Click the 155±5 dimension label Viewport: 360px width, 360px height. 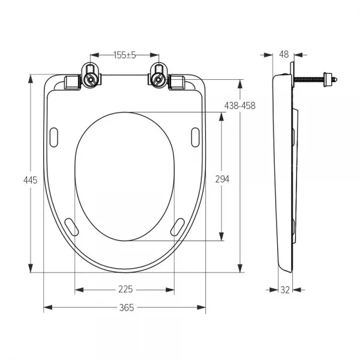[x=125, y=55]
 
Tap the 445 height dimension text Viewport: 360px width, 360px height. [x=31, y=180]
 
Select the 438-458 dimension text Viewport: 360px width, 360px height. [x=240, y=106]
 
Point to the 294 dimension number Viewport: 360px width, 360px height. [x=222, y=179]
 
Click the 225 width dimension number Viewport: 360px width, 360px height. [x=125, y=289]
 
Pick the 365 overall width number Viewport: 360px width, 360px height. [x=127, y=308]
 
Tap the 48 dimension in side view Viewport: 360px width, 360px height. [x=284, y=55]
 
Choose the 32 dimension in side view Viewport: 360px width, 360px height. [x=285, y=290]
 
